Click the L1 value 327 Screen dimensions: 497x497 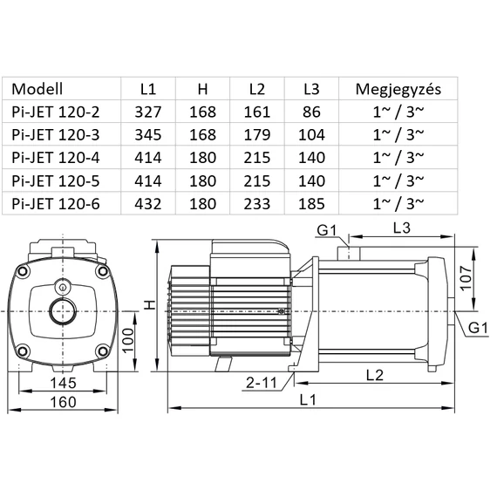(x=148, y=112)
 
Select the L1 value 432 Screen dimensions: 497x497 (x=148, y=203)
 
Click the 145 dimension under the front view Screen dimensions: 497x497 (x=62, y=384)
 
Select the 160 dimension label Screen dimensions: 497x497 (x=62, y=401)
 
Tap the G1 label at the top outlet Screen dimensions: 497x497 (x=327, y=230)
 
